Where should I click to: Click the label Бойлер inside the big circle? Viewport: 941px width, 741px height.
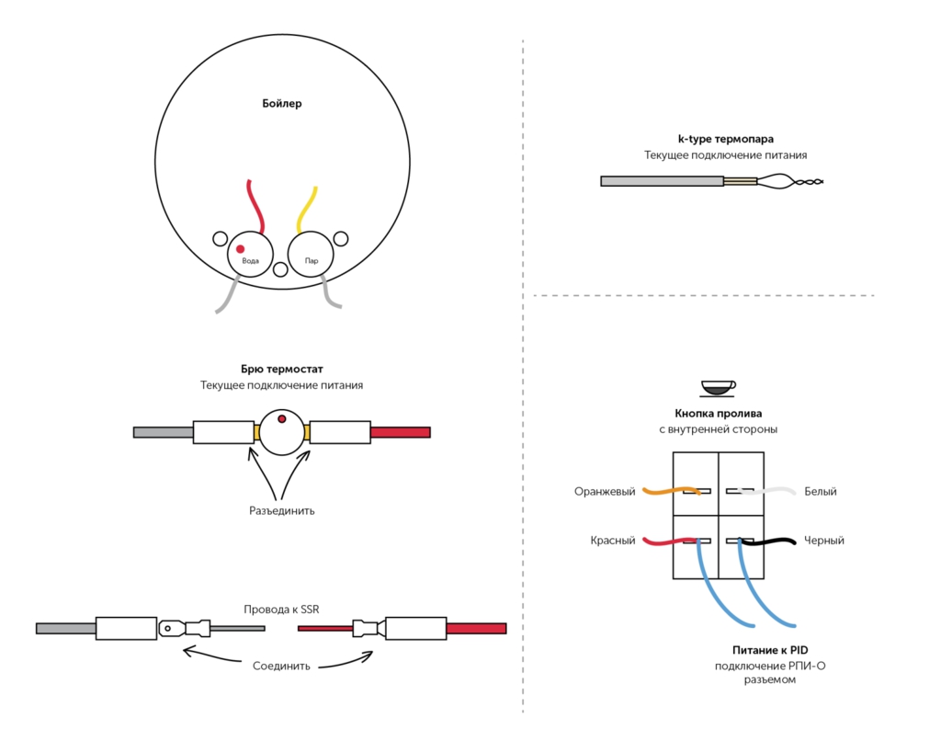tap(281, 104)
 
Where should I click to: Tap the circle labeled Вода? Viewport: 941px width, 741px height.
tap(250, 254)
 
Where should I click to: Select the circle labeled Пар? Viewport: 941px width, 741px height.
tap(311, 254)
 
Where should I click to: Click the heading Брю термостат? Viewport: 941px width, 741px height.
tap(281, 370)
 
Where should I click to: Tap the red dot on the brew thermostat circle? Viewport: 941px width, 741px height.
tap(282, 419)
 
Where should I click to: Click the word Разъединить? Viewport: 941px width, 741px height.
tap(281, 510)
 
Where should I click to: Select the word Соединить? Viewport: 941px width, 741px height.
tap(281, 666)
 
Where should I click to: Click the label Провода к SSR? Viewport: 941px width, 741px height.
tap(281, 610)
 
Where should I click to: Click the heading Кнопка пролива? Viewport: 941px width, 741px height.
tap(718, 414)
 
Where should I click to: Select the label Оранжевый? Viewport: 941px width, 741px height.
tap(605, 492)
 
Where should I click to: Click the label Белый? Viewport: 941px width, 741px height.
tap(821, 492)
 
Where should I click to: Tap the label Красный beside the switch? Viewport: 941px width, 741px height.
tap(613, 541)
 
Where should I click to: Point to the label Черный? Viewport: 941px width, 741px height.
tap(823, 541)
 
